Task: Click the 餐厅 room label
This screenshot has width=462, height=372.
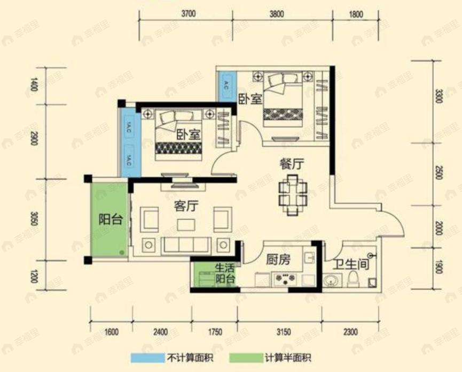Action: [292, 164]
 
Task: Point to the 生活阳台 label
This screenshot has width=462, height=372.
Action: [225, 273]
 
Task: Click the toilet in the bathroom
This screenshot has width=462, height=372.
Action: [353, 279]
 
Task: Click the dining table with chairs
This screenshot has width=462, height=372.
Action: [293, 194]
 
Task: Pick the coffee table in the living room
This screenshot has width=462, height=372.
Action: [186, 223]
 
